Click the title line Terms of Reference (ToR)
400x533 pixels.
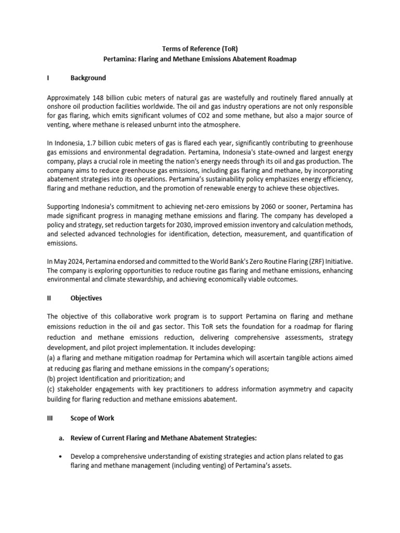(199, 48)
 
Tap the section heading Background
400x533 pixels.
(88, 78)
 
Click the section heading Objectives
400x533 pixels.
(86, 298)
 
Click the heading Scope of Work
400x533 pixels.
(92, 418)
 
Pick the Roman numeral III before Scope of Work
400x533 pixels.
(51, 418)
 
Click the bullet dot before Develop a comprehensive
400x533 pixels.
(62, 456)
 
